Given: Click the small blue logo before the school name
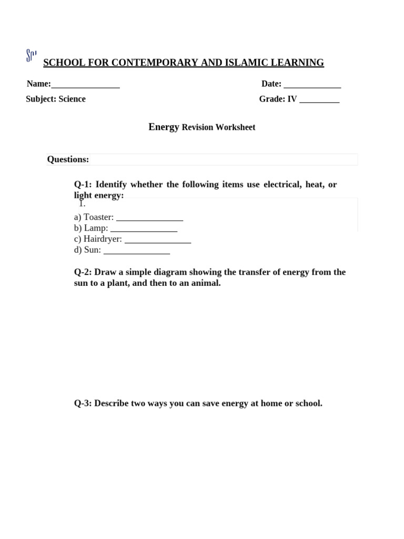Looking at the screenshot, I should point(31,55).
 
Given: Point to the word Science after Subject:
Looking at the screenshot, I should point(72,99).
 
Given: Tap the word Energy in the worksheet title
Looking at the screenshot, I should point(164,127).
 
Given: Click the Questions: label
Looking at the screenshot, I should point(68,159).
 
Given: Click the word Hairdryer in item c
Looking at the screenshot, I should point(103,239).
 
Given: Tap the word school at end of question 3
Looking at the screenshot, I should point(308,403).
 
